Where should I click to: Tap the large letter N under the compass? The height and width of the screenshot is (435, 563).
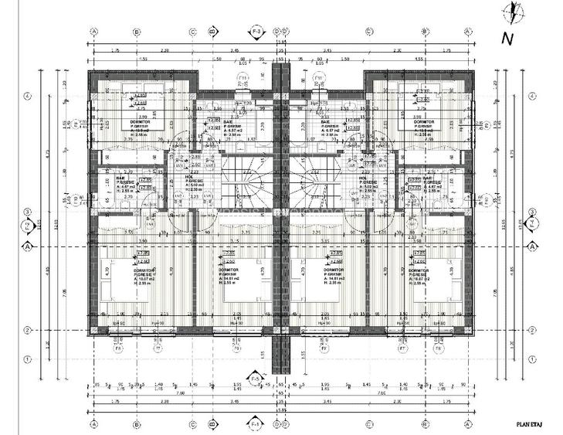coord(507,37)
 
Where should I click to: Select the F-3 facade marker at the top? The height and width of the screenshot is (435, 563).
coord(256,32)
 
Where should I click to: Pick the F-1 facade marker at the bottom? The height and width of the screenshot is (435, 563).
coord(256,424)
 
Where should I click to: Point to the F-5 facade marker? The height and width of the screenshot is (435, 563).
coord(256,379)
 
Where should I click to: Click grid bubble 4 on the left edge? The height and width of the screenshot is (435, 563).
coord(26,97)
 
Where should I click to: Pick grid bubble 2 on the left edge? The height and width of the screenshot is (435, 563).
coord(26,331)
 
